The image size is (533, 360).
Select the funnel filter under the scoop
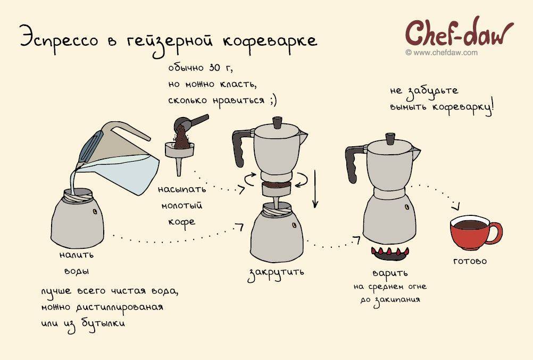(180, 157)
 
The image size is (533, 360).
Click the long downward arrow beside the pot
(315, 189)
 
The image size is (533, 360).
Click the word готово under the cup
(470, 261)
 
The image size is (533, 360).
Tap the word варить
(389, 273)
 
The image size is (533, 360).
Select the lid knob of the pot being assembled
(277, 122)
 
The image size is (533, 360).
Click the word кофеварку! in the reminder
(463, 107)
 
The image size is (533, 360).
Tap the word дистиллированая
(119, 308)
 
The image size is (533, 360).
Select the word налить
(76, 255)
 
